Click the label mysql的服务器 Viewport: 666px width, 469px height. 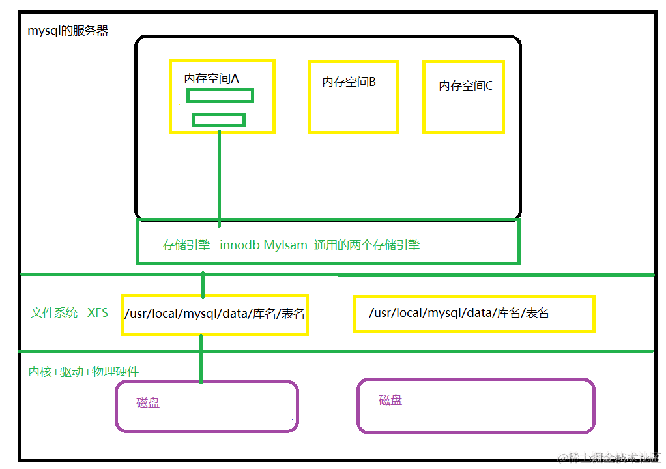68,31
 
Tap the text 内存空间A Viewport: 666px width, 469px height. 212,78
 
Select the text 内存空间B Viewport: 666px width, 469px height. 349,82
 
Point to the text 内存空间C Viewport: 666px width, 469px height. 465,85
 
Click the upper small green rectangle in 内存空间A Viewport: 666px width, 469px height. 220,96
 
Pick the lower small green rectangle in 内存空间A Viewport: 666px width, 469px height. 218,120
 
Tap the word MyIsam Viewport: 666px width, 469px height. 285,245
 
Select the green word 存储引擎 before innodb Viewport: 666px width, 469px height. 186,245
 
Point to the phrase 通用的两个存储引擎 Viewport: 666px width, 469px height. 367,245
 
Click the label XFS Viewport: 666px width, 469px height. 98,312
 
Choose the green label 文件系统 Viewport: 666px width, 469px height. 54,312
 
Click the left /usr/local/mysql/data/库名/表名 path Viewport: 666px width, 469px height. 214,314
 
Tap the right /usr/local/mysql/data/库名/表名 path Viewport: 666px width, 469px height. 459,313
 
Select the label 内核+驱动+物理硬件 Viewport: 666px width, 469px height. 83,371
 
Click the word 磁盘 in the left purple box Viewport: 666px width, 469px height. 148,402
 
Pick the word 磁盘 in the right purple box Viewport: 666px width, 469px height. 390,400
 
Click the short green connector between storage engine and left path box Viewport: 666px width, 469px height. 203,284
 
